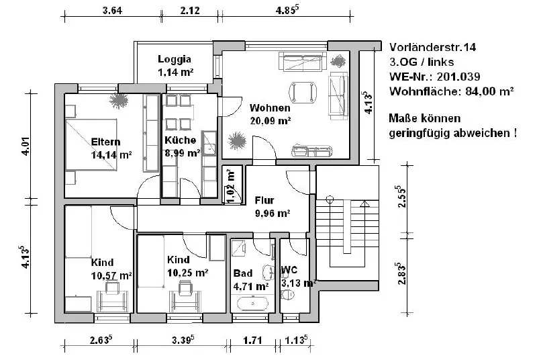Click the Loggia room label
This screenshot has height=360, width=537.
175,59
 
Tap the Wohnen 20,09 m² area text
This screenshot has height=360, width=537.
271,121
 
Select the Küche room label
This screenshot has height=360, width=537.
180,140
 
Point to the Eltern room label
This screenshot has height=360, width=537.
105,142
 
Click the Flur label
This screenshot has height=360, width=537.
264,200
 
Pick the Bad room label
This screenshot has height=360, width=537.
243,273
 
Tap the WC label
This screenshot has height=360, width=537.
289,270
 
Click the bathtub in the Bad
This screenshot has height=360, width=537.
253,304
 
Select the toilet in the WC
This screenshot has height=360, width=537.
288,294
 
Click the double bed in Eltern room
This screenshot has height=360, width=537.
91,144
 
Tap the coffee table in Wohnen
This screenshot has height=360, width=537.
303,92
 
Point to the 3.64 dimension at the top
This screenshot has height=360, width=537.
112,10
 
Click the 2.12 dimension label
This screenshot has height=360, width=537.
190,10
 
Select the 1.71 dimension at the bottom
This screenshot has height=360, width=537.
253,341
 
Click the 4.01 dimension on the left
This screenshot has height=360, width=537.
26,146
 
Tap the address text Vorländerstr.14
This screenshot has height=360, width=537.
432,47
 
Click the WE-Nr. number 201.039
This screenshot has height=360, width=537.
458,77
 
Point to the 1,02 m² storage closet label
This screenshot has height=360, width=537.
231,185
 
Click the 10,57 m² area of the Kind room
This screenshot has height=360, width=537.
111,276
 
